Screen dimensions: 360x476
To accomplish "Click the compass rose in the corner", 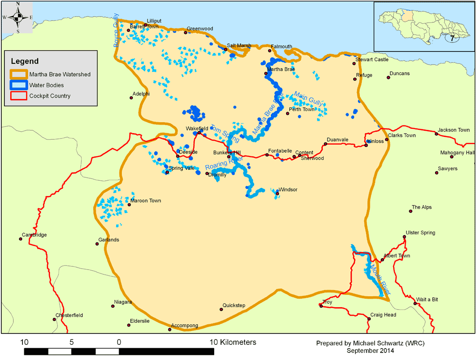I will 18,18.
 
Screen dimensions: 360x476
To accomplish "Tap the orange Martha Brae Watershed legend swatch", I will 18,75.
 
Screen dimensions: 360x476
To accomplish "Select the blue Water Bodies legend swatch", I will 18,85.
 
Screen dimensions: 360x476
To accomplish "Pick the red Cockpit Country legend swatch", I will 18,96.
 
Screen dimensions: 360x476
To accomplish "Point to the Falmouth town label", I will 281,47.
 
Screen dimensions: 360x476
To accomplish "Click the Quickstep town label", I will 234,305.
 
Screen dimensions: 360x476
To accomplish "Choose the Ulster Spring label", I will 420,233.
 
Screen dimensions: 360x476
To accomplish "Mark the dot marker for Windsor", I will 277,193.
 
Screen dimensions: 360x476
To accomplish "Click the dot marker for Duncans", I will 388,78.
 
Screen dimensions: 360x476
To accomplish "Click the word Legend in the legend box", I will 25,61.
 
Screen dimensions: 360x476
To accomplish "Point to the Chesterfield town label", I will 69,315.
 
